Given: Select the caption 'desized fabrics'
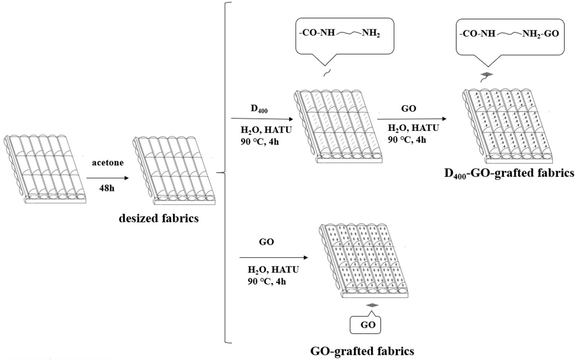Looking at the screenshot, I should click(x=158, y=219).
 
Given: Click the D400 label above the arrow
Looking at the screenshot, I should click(x=255, y=108).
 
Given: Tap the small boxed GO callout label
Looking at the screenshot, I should click(x=365, y=325).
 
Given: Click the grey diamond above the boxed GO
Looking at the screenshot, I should click(x=372, y=305).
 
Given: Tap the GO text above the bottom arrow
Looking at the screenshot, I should click(x=266, y=242).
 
